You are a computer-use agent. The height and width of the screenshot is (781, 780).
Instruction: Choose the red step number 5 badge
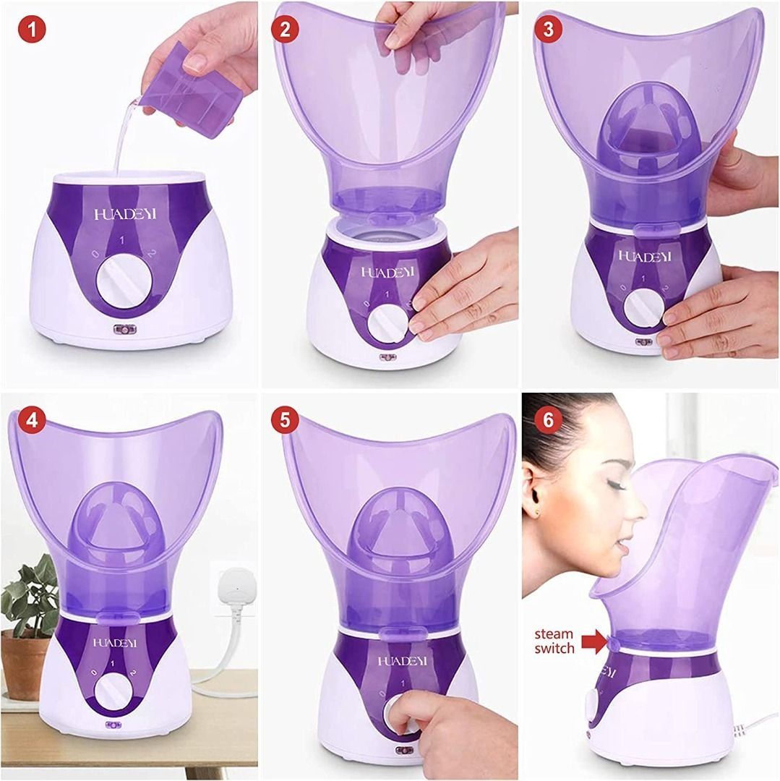[x=285, y=420]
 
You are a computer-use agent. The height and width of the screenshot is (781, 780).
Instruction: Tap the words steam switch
[x=555, y=641]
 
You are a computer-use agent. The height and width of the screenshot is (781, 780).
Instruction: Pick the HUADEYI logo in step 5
[x=403, y=660]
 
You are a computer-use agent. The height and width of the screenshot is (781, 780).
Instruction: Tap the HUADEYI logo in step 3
[x=643, y=256]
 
